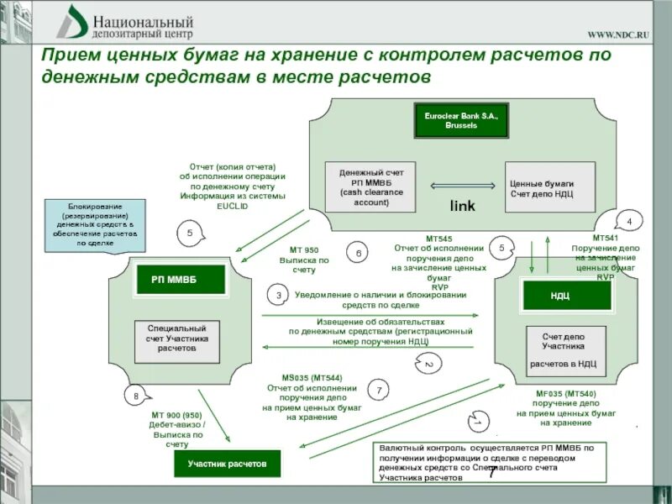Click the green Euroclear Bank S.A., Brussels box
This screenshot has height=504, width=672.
pos(461,120)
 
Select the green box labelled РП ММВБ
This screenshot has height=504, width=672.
pos(181,279)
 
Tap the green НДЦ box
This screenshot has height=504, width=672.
pos(559,296)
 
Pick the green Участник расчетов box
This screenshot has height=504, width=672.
pos(227,463)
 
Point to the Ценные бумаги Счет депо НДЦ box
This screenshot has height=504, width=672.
pos(549,187)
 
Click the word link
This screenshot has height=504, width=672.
pos(462,206)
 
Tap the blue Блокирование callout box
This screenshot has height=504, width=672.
pos(96,225)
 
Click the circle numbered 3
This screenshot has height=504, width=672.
pos(278,295)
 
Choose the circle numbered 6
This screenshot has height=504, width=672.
pos(358,252)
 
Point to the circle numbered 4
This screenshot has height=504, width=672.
pos(628,221)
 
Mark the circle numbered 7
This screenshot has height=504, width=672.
pos(379,391)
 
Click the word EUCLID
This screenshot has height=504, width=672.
pos(233,205)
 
